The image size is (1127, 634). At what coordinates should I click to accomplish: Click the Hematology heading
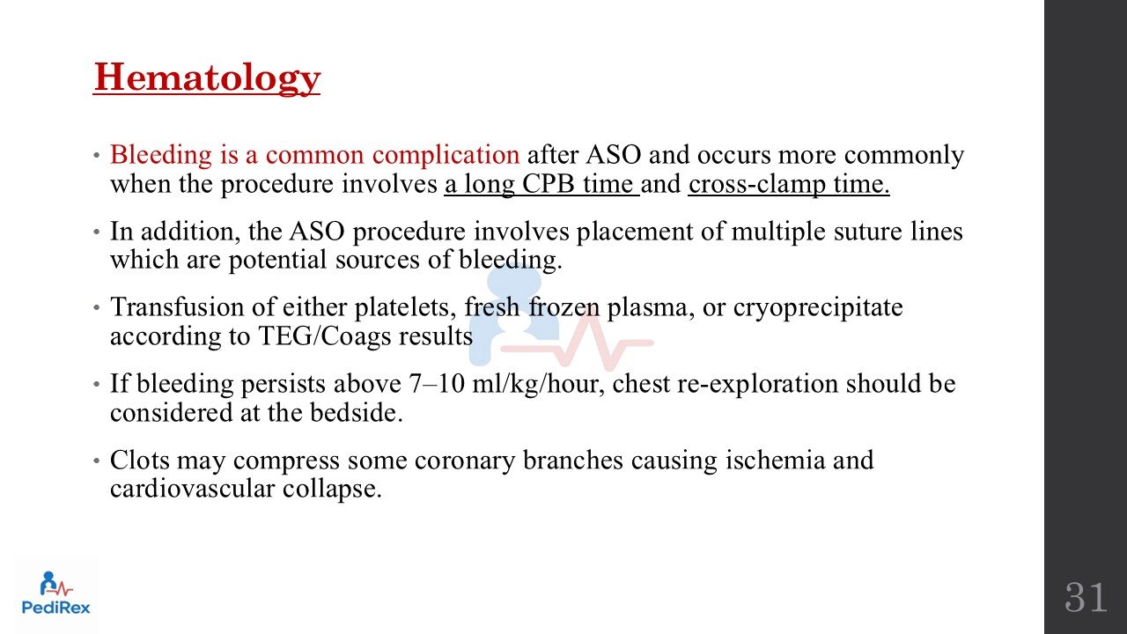pos(207,78)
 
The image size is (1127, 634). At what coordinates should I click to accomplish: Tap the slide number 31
pos(1086,597)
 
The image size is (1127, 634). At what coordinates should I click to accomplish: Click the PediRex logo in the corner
pos(55,593)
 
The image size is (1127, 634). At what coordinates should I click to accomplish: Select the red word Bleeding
pos(161,155)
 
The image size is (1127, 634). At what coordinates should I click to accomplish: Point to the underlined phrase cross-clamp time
pos(788,184)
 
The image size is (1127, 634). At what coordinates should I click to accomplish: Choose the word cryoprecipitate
pos(818,307)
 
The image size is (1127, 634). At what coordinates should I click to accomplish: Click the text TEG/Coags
pos(324,336)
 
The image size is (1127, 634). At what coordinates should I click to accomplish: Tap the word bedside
pos(357,412)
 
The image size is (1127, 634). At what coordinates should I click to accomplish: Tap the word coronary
pos(465,461)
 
